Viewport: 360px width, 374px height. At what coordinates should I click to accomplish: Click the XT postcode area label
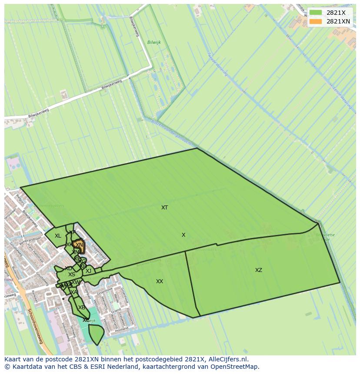(x=164, y=208)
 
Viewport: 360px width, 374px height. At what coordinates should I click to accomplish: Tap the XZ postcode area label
(x=259, y=270)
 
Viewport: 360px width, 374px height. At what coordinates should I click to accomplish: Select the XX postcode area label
(x=160, y=281)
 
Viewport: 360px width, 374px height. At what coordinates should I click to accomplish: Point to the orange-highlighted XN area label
(x=79, y=245)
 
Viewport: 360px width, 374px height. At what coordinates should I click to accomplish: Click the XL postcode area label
(x=58, y=236)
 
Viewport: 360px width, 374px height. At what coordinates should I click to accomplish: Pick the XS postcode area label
(x=72, y=275)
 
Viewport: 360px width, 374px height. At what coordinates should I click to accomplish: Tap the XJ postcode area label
(x=88, y=271)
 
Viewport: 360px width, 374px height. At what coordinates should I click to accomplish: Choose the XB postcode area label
(x=81, y=308)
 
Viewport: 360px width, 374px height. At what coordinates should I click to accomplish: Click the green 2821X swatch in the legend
(x=316, y=13)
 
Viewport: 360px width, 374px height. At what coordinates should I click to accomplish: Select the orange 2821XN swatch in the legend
(x=316, y=21)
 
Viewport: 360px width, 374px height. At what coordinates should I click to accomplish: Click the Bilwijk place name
(x=154, y=42)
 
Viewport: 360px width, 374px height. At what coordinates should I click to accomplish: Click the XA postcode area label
(x=74, y=292)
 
